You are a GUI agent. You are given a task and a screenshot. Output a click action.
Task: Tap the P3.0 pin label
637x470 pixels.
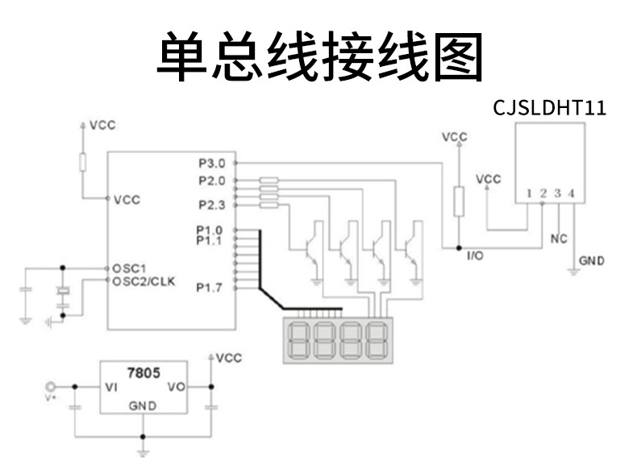(211, 163)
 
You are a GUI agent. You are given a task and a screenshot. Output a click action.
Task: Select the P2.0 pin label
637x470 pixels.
(211, 181)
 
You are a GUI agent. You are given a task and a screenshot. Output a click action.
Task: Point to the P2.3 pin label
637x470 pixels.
(211, 203)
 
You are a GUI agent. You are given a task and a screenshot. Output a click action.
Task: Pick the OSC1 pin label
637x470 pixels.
(129, 268)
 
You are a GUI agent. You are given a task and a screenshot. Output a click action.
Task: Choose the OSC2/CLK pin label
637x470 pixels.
(144, 281)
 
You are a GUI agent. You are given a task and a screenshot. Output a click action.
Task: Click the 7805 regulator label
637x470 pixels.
(144, 373)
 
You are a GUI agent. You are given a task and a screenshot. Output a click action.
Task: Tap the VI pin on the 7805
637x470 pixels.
(112, 388)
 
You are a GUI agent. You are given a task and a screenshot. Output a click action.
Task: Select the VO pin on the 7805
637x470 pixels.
(176, 388)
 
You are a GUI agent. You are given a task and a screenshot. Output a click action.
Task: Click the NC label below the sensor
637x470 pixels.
(558, 239)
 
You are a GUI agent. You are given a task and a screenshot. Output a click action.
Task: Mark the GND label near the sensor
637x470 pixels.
(591, 261)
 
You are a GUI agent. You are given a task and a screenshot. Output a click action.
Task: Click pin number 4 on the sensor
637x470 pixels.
(571, 193)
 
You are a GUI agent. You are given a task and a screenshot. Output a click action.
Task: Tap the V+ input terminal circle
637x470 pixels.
(52, 388)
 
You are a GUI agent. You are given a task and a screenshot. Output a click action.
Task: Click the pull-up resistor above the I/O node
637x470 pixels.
(458, 202)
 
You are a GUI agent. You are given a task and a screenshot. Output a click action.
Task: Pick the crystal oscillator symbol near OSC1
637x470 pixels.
(61, 293)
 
